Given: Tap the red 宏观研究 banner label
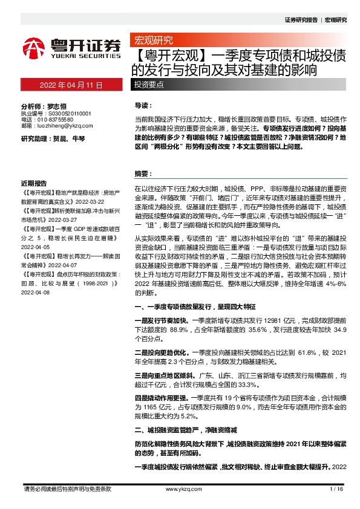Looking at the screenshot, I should click(x=152, y=41).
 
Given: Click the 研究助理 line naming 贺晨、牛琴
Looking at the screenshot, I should click(x=53, y=139).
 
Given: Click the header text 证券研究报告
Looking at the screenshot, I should click(x=301, y=20).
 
